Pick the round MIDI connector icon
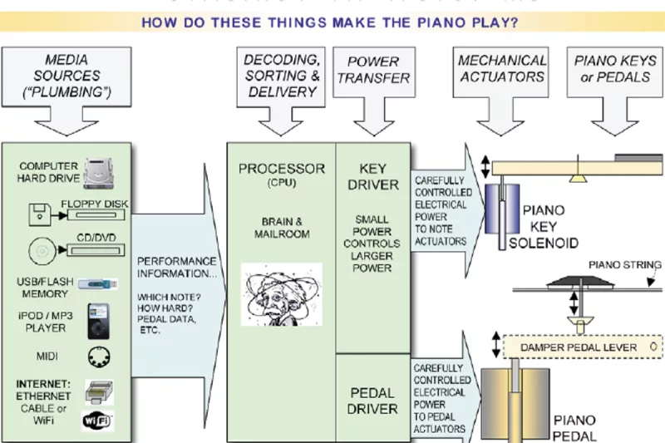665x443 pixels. click(x=97, y=357)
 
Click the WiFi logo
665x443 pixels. click(x=97, y=421)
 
